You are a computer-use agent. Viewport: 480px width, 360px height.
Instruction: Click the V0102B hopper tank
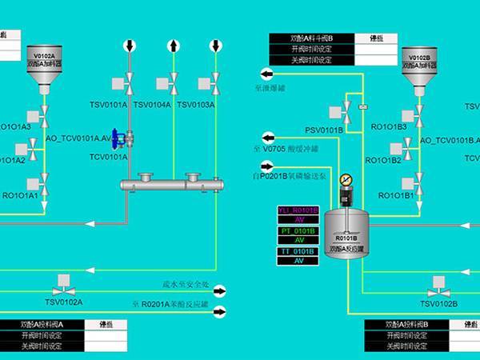(x=420, y=65)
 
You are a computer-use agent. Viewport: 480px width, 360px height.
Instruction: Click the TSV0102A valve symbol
(x=62, y=284)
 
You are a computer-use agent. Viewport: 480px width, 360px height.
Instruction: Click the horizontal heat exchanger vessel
(x=171, y=185)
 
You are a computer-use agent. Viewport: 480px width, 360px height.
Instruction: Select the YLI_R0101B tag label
(x=298, y=210)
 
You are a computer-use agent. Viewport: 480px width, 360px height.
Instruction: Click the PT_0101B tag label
(x=298, y=230)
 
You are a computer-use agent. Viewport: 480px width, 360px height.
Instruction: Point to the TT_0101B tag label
(x=298, y=251)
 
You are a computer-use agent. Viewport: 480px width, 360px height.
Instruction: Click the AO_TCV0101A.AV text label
(x=78, y=138)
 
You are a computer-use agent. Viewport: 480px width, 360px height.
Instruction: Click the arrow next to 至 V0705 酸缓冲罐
(x=267, y=137)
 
